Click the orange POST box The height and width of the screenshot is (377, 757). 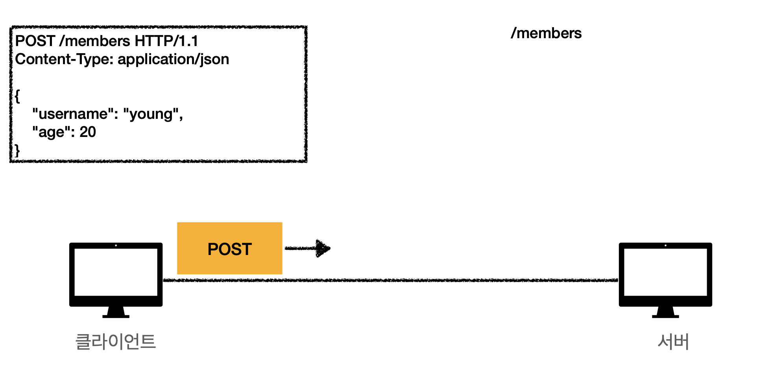click(x=229, y=248)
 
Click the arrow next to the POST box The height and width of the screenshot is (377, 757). click(x=308, y=248)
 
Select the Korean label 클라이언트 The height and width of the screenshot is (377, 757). click(x=116, y=342)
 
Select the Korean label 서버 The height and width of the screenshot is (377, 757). click(x=673, y=342)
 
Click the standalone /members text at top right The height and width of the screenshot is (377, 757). click(x=546, y=33)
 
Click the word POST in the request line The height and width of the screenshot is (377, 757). click(x=35, y=41)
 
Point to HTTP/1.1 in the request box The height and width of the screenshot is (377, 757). click(x=166, y=41)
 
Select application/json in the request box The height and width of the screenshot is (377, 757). click(x=173, y=59)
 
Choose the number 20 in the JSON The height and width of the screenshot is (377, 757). click(x=88, y=132)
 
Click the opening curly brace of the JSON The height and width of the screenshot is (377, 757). click(x=17, y=96)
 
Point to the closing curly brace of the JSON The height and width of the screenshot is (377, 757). click(x=17, y=150)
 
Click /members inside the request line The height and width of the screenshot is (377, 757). click(x=94, y=41)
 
